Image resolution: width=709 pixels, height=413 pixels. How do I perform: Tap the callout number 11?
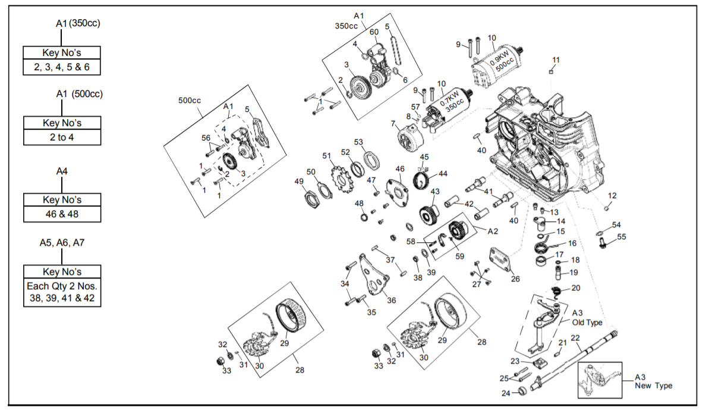pyautogui.click(x=556, y=60)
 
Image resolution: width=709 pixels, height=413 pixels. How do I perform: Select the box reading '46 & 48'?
pyautogui.click(x=62, y=213)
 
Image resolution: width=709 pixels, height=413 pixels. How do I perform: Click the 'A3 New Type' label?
pyautogui.click(x=653, y=381)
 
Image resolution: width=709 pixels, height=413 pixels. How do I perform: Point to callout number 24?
pyautogui.click(x=506, y=393)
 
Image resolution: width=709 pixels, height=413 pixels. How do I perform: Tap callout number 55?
pyautogui.click(x=622, y=237)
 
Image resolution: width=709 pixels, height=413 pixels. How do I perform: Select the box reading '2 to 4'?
pyautogui.click(x=62, y=137)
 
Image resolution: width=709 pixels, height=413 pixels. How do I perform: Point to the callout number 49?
pyautogui.click(x=299, y=181)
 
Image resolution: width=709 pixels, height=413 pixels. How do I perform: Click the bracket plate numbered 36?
pyautogui.click(x=373, y=277)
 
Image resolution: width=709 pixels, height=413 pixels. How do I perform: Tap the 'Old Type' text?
pyautogui.click(x=587, y=323)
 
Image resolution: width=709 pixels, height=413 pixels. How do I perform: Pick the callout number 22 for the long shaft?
pyautogui.click(x=575, y=338)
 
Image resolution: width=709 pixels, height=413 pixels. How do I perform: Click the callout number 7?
pyautogui.click(x=393, y=123)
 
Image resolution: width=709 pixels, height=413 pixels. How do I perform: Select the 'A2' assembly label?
pyautogui.click(x=493, y=230)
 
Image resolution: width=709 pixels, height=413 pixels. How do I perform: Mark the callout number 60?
pyautogui.click(x=374, y=32)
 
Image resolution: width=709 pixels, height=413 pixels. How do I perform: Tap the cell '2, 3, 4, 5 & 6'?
pyautogui.click(x=62, y=67)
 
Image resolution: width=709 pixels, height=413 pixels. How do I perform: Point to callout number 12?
pyautogui.click(x=613, y=196)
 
